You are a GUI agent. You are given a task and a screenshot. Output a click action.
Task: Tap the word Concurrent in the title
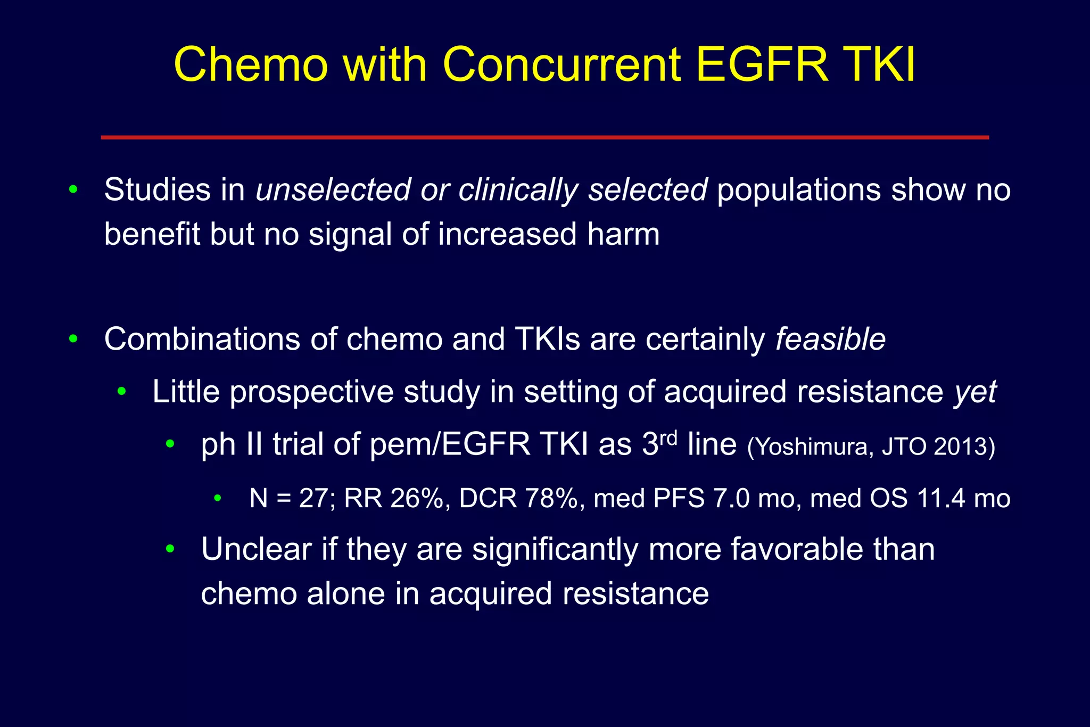(x=561, y=65)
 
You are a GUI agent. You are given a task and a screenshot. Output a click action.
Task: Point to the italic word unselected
(x=333, y=189)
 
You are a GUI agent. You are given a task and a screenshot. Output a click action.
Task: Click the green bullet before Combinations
(x=73, y=338)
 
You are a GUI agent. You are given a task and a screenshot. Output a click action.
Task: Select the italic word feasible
(x=830, y=338)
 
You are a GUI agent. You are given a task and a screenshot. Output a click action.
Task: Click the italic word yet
(x=975, y=393)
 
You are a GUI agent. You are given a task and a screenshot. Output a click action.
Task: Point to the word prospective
(x=311, y=393)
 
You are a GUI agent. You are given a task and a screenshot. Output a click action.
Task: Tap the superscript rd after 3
(x=668, y=437)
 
